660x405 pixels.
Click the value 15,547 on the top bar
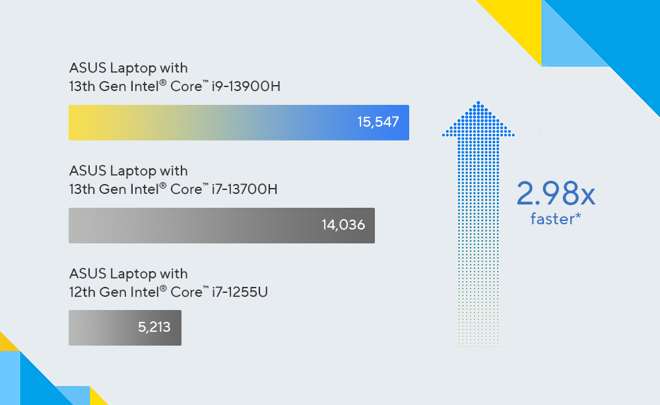378,122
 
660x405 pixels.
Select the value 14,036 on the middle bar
343,225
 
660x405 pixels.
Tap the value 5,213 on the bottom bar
154,327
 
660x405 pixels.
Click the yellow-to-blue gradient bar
239,123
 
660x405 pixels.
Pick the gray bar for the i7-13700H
221,226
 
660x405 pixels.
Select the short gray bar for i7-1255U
125,328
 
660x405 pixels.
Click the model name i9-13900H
246,86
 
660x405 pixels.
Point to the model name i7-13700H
245,189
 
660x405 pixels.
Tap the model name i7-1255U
240,292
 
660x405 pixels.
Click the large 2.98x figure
556,193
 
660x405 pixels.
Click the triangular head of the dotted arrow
478,119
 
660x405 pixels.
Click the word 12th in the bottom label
82,292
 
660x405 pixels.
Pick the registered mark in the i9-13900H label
163,82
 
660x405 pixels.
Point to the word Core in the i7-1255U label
186,292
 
